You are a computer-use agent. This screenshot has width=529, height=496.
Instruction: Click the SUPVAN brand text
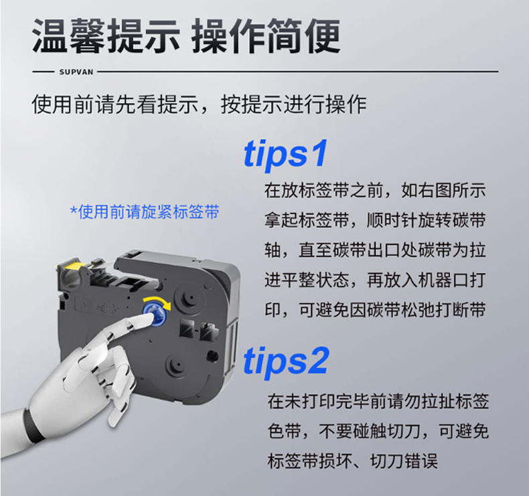coord(76,72)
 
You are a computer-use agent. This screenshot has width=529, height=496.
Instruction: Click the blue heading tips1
coord(285,153)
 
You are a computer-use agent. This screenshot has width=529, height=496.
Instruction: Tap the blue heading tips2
coord(286,361)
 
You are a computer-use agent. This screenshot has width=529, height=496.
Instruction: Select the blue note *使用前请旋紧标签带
coord(145,212)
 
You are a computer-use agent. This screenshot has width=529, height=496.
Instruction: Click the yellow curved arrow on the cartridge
coord(158,302)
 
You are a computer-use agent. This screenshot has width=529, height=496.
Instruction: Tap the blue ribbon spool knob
coord(156,314)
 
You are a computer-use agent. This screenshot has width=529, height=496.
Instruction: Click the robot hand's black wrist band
coord(33,425)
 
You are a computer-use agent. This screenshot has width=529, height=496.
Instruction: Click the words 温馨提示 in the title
coord(106,36)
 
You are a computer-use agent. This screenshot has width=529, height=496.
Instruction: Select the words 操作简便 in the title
coord(267,36)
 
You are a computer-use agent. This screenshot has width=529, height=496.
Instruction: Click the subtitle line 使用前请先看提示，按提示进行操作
coord(199,104)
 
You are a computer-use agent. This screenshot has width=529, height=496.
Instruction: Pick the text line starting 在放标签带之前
coord(375,190)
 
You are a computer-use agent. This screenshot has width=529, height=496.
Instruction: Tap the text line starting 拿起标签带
coord(375,220)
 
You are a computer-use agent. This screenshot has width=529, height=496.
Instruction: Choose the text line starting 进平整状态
coord(375,280)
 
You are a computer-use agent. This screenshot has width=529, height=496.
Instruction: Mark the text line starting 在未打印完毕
coord(378,401)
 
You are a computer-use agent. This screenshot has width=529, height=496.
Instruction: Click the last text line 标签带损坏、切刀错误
coord(352,461)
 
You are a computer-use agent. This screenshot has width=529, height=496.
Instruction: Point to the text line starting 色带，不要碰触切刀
coord(378,430)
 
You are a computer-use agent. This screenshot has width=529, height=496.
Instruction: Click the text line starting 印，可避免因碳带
coord(375,309)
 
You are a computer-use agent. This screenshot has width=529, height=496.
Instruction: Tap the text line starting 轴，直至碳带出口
coord(375,250)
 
